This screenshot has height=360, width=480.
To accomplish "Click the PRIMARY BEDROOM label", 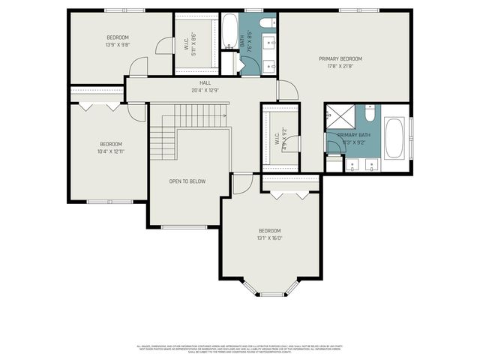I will [x=340, y=58].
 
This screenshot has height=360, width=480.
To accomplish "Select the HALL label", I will [x=204, y=82].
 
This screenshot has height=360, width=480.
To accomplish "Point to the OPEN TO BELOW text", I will [x=187, y=181].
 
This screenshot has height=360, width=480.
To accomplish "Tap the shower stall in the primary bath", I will [x=339, y=118].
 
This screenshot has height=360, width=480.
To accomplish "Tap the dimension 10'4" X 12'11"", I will [x=111, y=151].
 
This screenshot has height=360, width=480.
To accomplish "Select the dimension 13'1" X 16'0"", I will [x=269, y=238].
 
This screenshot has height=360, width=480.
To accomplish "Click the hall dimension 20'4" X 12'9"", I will [x=204, y=91].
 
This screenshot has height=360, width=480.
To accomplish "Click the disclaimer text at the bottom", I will [x=239, y=349].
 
